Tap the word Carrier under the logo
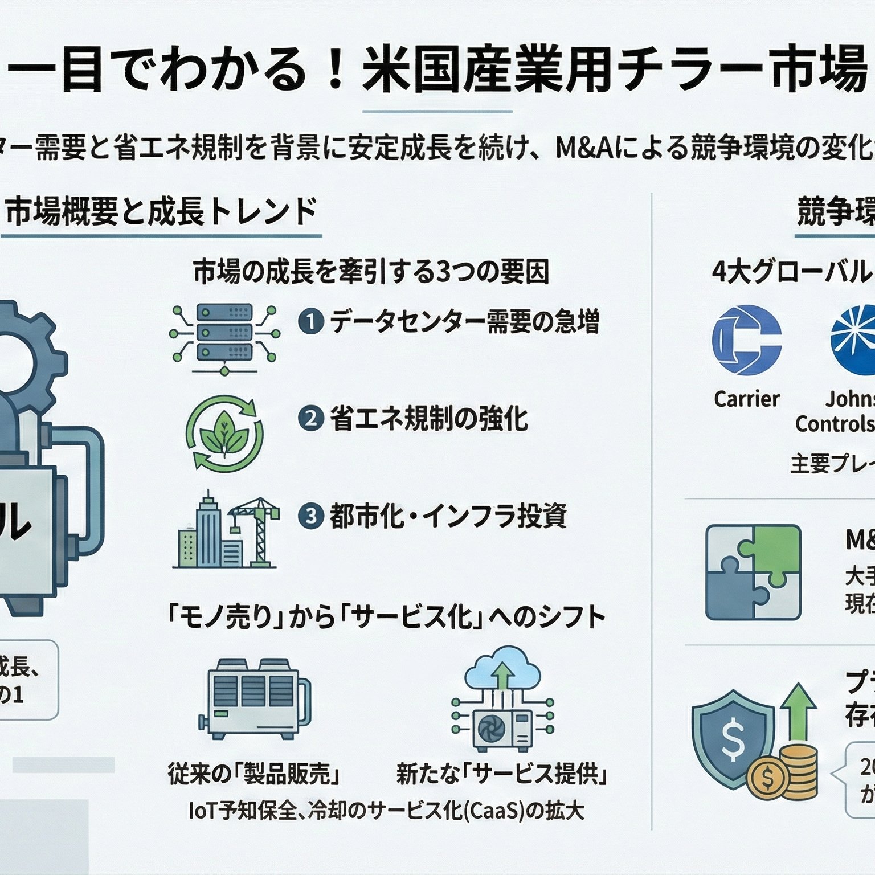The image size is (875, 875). pyautogui.click(x=746, y=399)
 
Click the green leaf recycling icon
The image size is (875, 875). pyautogui.click(x=224, y=433)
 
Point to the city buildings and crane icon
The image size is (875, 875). pyautogui.click(x=226, y=530)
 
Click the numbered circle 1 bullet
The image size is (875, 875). pyautogui.click(x=311, y=322)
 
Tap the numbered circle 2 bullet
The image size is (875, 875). pyautogui.click(x=311, y=419)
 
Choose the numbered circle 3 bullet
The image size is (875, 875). pyautogui.click(x=311, y=516)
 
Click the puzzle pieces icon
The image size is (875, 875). pyautogui.click(x=753, y=572)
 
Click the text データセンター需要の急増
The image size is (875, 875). pyautogui.click(x=464, y=322)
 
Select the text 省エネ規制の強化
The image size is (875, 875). pyautogui.click(x=429, y=419)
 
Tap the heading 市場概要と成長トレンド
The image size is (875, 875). pyautogui.click(x=161, y=212)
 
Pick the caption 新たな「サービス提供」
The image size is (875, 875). pyautogui.click(x=501, y=774)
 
